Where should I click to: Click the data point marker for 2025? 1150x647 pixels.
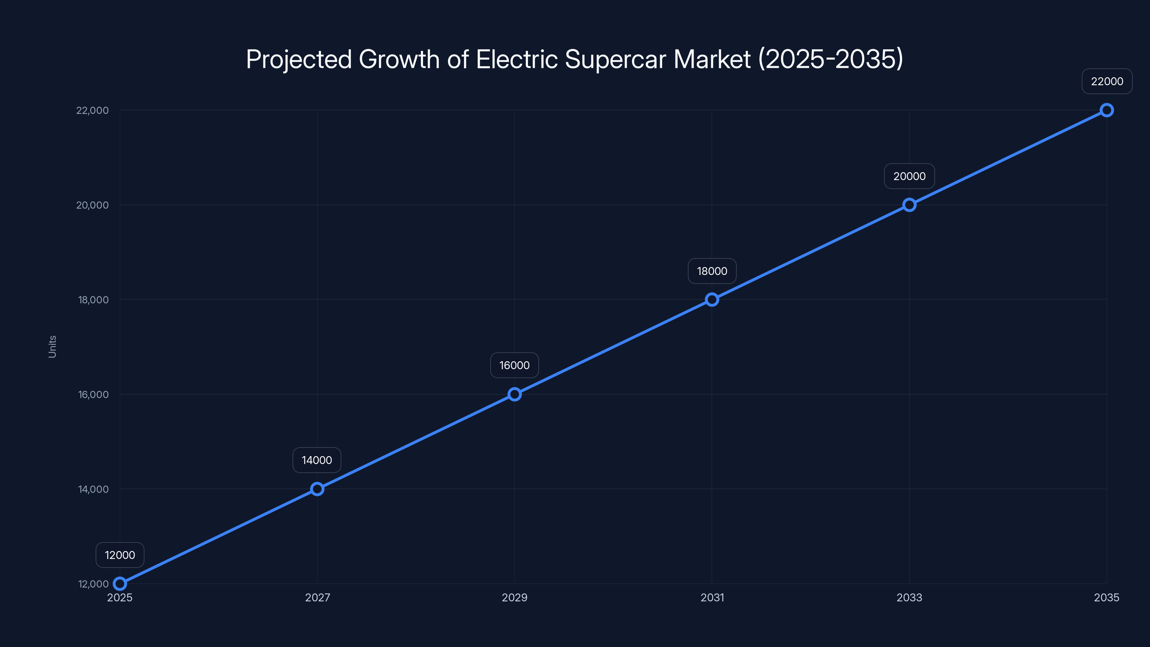(x=120, y=584)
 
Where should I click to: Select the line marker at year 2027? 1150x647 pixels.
(x=317, y=489)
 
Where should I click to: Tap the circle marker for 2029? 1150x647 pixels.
(x=514, y=394)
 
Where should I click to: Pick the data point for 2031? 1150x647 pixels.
(x=712, y=300)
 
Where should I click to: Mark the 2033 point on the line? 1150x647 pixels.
(x=909, y=205)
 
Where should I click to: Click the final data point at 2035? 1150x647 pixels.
(x=1107, y=110)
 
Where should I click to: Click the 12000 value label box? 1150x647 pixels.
(x=120, y=555)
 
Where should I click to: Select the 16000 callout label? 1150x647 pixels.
(x=514, y=365)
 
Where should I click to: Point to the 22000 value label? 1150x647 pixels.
(x=1107, y=81)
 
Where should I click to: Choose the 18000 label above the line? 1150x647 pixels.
(x=712, y=271)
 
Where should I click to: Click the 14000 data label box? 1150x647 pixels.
(x=317, y=460)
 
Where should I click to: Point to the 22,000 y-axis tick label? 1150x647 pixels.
(x=92, y=110)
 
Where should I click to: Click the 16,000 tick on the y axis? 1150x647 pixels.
(x=93, y=394)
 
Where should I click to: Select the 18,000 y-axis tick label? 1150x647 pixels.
(x=93, y=300)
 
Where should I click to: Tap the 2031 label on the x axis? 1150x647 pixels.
(x=712, y=597)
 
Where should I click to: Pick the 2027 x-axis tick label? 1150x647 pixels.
(x=317, y=597)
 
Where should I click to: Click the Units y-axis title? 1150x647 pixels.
(x=52, y=347)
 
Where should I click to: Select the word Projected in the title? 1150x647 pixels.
(x=299, y=59)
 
